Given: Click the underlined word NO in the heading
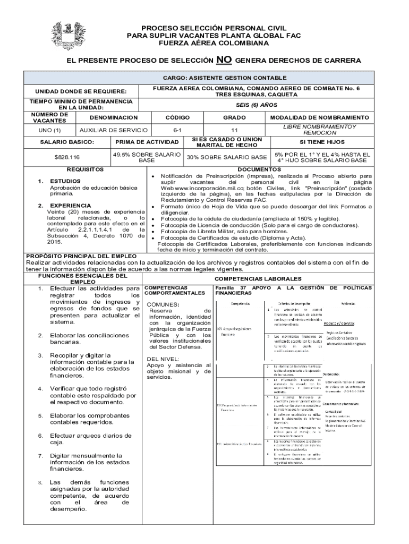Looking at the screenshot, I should [x=224, y=60].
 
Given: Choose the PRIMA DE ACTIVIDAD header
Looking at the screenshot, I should [x=147, y=142].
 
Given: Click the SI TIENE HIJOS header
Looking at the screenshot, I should [x=322, y=142].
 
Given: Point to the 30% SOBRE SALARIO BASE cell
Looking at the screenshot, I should [x=226, y=157].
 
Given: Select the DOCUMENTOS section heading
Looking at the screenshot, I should [x=259, y=169].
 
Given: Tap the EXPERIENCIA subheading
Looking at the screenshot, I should [x=70, y=205].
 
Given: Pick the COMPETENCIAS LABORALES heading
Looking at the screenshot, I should [x=257, y=278].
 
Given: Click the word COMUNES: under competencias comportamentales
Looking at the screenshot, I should [x=164, y=304].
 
